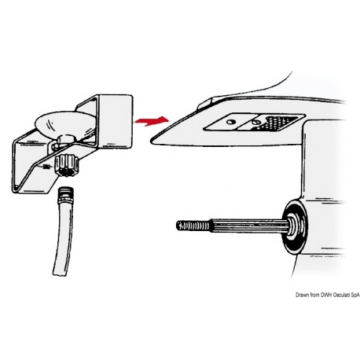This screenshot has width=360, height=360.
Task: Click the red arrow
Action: [152, 121]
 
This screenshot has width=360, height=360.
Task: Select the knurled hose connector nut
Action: [67, 166]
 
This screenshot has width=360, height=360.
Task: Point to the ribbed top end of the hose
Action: [67, 192]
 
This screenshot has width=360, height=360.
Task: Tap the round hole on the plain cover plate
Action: [230, 122]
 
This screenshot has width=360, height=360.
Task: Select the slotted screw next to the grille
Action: [255, 122]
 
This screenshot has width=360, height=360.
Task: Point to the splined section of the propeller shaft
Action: [249, 226]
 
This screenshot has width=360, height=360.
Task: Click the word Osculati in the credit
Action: [343, 295]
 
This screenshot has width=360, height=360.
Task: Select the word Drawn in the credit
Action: [302, 295]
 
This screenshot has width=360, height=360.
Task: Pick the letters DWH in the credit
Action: [326, 295]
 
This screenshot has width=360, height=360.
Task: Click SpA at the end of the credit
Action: [356, 296]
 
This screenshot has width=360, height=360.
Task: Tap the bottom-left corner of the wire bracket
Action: [13, 193]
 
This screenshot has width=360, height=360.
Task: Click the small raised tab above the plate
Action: [207, 103]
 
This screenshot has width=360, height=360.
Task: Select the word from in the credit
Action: [314, 295]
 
